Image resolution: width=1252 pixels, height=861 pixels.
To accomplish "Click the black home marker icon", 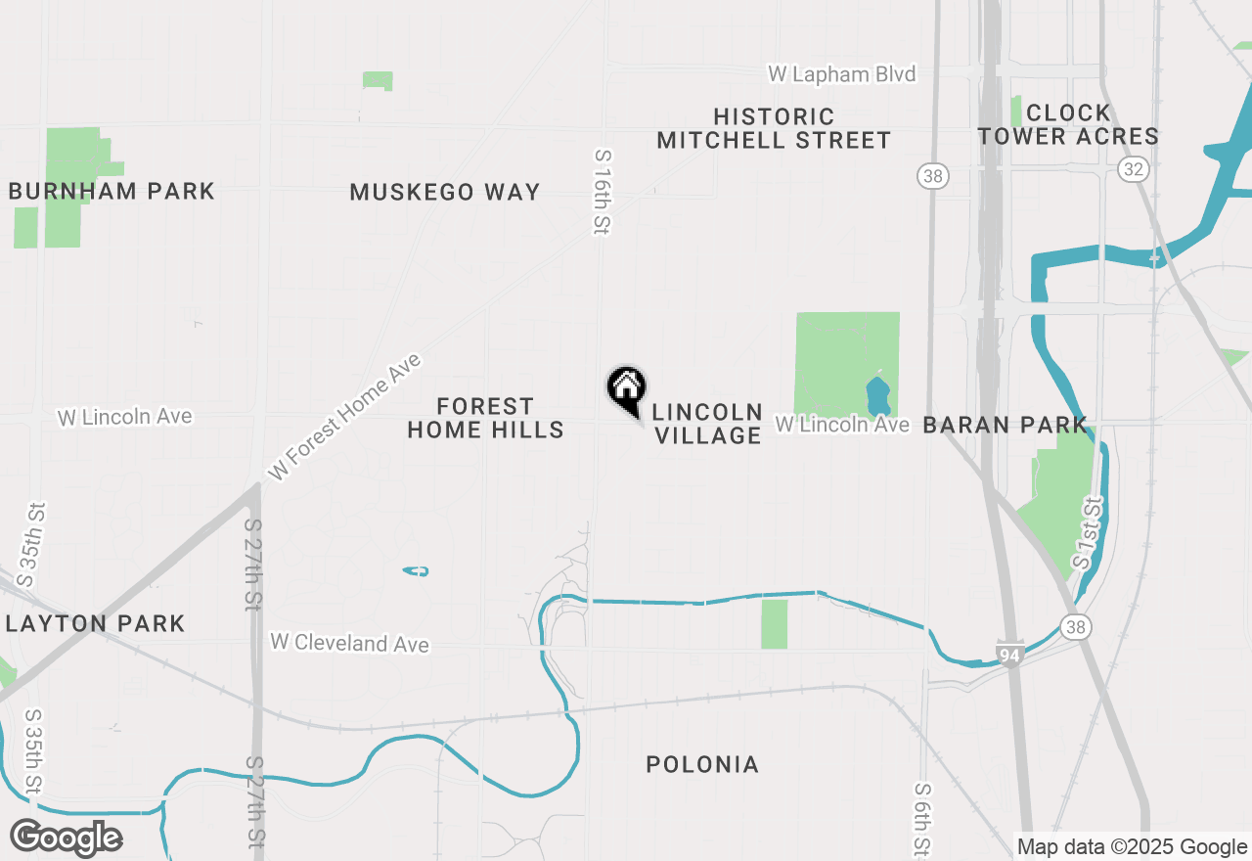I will (627, 387).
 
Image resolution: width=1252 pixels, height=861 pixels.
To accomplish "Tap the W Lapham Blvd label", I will (841, 74).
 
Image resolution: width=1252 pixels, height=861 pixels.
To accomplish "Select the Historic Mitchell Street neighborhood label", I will (774, 129).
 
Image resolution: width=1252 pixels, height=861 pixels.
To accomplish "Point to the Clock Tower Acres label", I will (1068, 124).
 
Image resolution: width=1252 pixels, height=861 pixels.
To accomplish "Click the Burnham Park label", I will (112, 191).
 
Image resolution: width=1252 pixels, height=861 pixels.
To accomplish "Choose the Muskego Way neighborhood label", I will (445, 192).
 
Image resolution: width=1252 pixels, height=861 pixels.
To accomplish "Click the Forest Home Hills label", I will (486, 418).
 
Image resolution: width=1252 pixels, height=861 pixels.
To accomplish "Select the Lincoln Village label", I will (707, 424).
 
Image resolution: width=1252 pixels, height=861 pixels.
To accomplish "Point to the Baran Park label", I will (1005, 425).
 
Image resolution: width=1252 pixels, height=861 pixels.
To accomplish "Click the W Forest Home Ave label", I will (344, 418).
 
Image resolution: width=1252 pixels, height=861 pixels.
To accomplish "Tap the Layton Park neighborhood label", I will (95, 623).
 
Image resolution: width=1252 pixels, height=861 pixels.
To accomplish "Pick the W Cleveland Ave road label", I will (349, 644).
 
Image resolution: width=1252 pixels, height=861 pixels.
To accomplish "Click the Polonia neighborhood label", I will (702, 764).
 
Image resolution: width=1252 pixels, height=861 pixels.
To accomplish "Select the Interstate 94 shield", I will (1011, 654).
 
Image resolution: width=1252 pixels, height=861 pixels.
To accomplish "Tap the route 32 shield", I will (1134, 170).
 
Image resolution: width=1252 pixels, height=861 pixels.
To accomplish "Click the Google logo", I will (66, 838).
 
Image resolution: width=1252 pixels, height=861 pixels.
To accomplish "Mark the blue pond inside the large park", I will (877, 396).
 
